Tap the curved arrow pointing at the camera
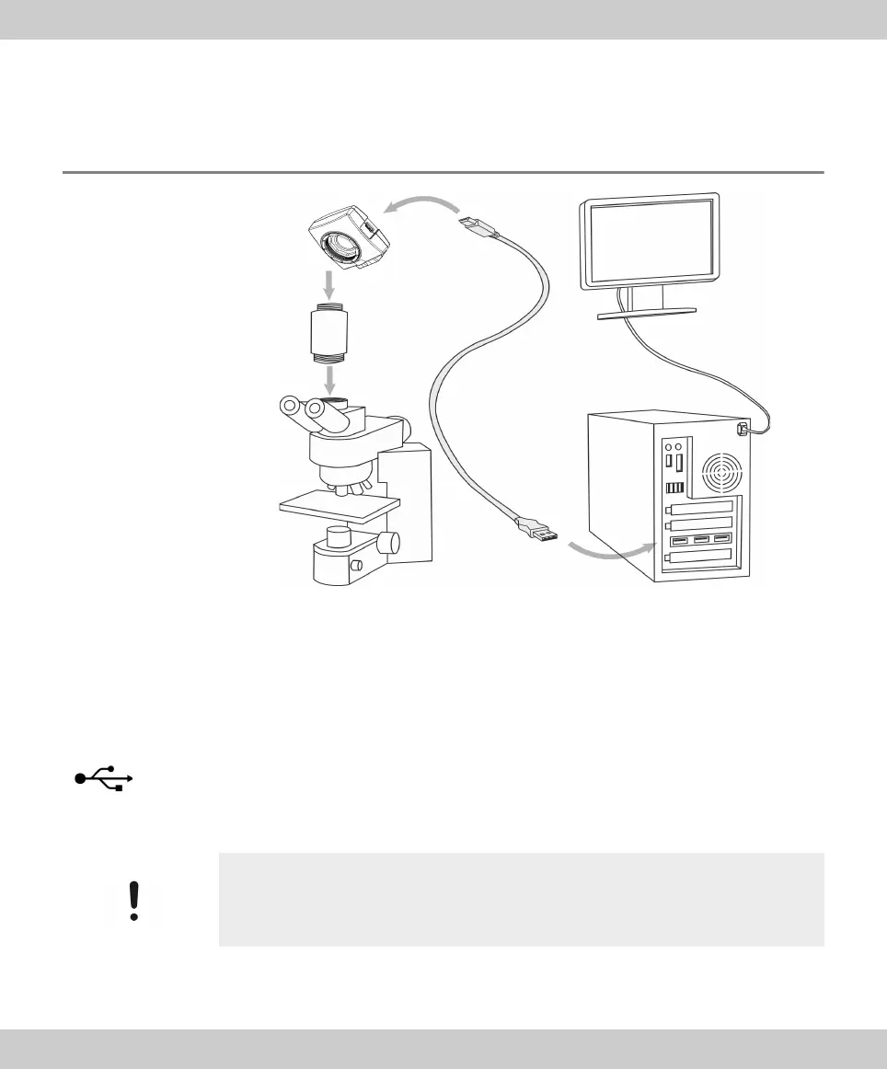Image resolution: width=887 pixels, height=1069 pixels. click(x=420, y=205)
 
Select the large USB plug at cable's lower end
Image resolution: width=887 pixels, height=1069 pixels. click(x=537, y=533)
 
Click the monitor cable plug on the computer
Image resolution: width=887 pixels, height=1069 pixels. click(x=743, y=429)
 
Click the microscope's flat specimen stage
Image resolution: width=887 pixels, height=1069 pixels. click(x=340, y=502)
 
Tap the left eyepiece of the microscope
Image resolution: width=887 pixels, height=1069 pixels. click(x=291, y=406)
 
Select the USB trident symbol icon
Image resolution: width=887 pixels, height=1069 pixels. click(x=103, y=778)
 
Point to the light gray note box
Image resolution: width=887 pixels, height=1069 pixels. click(x=521, y=899)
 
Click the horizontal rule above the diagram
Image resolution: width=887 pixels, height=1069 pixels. click(x=443, y=172)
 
